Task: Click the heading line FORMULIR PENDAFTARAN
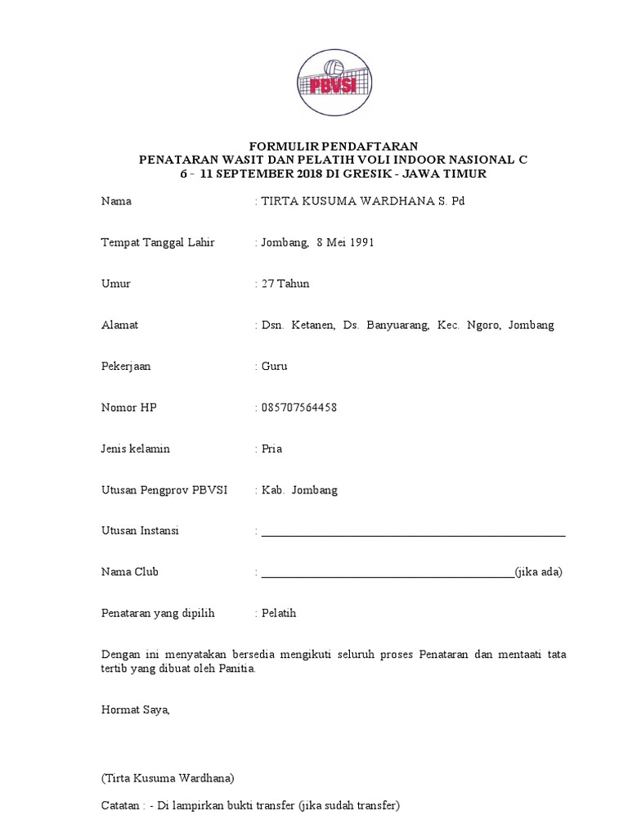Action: tap(333, 146)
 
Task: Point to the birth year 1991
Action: tap(361, 243)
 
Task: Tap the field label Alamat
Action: tap(119, 325)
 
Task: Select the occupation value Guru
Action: tap(274, 366)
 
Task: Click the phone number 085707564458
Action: tap(299, 408)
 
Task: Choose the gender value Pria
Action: tap(272, 448)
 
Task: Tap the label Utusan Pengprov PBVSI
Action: tap(164, 490)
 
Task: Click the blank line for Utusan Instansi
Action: tap(413, 533)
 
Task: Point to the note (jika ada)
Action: tap(539, 572)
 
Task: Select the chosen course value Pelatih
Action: tap(278, 613)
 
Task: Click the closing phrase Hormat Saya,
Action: tap(135, 710)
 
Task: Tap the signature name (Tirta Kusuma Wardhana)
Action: tap(168, 777)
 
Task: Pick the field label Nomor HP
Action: tap(128, 408)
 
